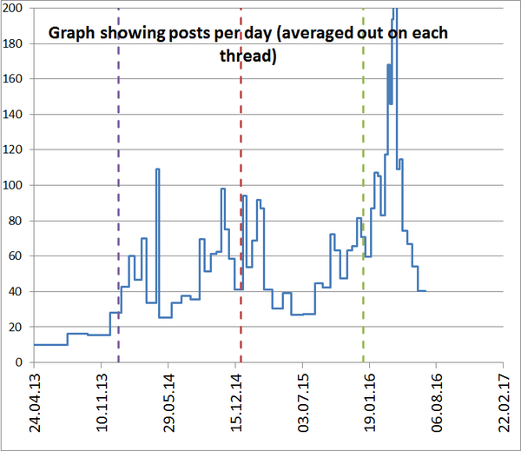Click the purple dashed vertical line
tap(118, 217)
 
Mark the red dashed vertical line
tap(241, 217)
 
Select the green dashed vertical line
tap(364, 217)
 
